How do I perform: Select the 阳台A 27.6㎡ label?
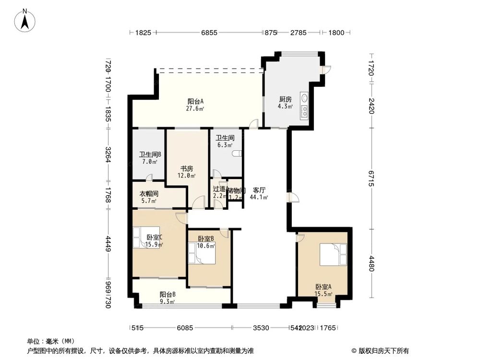pos(196,105)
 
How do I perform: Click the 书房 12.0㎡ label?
pos(187,172)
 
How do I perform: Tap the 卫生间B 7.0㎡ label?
pos(150,158)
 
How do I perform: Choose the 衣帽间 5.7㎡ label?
pos(149,197)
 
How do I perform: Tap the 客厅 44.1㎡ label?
pos(259,193)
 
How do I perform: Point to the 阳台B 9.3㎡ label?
pos(167,298)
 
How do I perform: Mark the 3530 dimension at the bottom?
pos(261,328)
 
